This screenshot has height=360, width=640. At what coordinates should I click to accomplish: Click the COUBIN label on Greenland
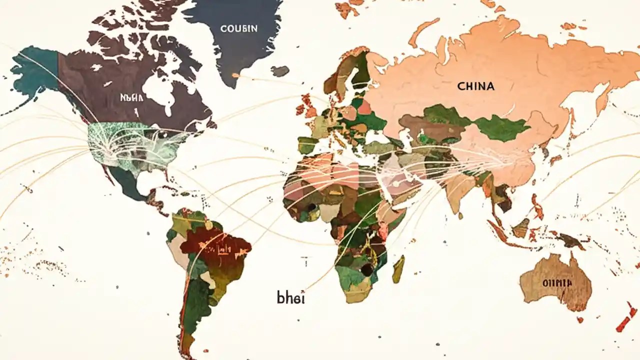[x=239, y=28]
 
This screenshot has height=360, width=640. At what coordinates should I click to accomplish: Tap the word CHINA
[x=475, y=86]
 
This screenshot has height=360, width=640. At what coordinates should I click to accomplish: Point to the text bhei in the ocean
[x=290, y=297]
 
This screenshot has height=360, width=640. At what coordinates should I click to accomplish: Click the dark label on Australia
[x=556, y=283]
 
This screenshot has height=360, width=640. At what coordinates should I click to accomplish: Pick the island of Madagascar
[x=398, y=269]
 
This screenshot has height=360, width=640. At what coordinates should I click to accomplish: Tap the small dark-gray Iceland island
[x=280, y=71]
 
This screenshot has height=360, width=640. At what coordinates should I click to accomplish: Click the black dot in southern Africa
[x=366, y=270]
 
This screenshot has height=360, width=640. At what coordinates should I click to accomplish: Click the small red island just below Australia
[x=580, y=319]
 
